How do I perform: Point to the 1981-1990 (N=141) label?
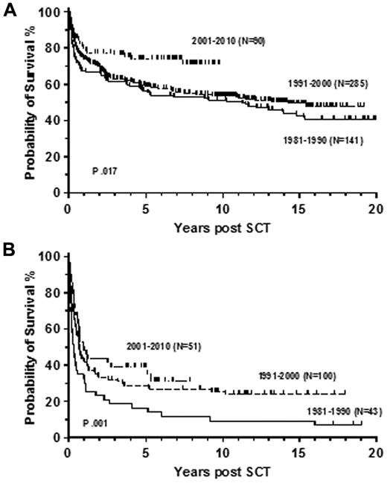(x=322, y=139)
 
